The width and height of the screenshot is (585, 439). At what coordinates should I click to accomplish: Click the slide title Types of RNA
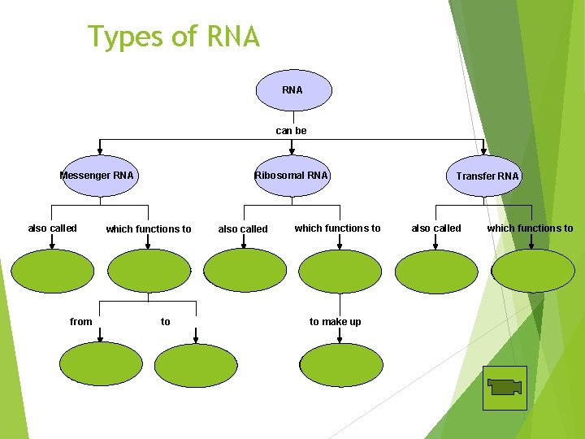[x=174, y=37]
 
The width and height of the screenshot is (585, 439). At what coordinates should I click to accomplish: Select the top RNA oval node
[x=293, y=89]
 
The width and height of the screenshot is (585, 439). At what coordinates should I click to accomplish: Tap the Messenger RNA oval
[x=97, y=176]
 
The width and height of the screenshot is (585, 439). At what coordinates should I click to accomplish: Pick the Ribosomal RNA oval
[x=292, y=176]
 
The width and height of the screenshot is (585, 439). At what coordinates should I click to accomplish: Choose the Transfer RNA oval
[x=487, y=176]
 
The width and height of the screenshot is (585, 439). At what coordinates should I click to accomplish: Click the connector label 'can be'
[x=292, y=130]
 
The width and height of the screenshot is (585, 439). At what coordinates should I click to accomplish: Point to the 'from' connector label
[x=81, y=322]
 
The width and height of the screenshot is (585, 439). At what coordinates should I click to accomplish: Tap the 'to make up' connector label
[x=335, y=322]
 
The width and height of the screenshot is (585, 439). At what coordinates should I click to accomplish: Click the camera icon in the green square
[x=505, y=388]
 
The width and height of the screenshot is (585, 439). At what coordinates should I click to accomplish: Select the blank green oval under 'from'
[x=100, y=364]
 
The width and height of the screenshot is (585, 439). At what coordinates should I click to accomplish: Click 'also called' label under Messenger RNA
[x=53, y=228]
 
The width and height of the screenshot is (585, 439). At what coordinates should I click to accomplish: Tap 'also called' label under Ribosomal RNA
[x=243, y=229]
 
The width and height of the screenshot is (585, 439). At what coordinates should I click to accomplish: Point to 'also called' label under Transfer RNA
[x=436, y=228]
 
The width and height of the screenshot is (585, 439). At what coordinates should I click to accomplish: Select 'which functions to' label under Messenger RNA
[x=149, y=229]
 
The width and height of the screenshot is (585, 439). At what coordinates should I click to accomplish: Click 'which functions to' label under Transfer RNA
[x=530, y=228]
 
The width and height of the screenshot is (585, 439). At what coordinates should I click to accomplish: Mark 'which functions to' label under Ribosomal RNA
[x=337, y=228]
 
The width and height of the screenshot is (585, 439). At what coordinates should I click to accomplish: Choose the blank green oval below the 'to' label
[x=195, y=365]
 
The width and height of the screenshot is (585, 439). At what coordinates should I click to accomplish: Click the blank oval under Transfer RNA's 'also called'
[x=436, y=271]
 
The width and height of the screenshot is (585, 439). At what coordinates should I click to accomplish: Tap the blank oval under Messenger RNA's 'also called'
[x=53, y=271]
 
